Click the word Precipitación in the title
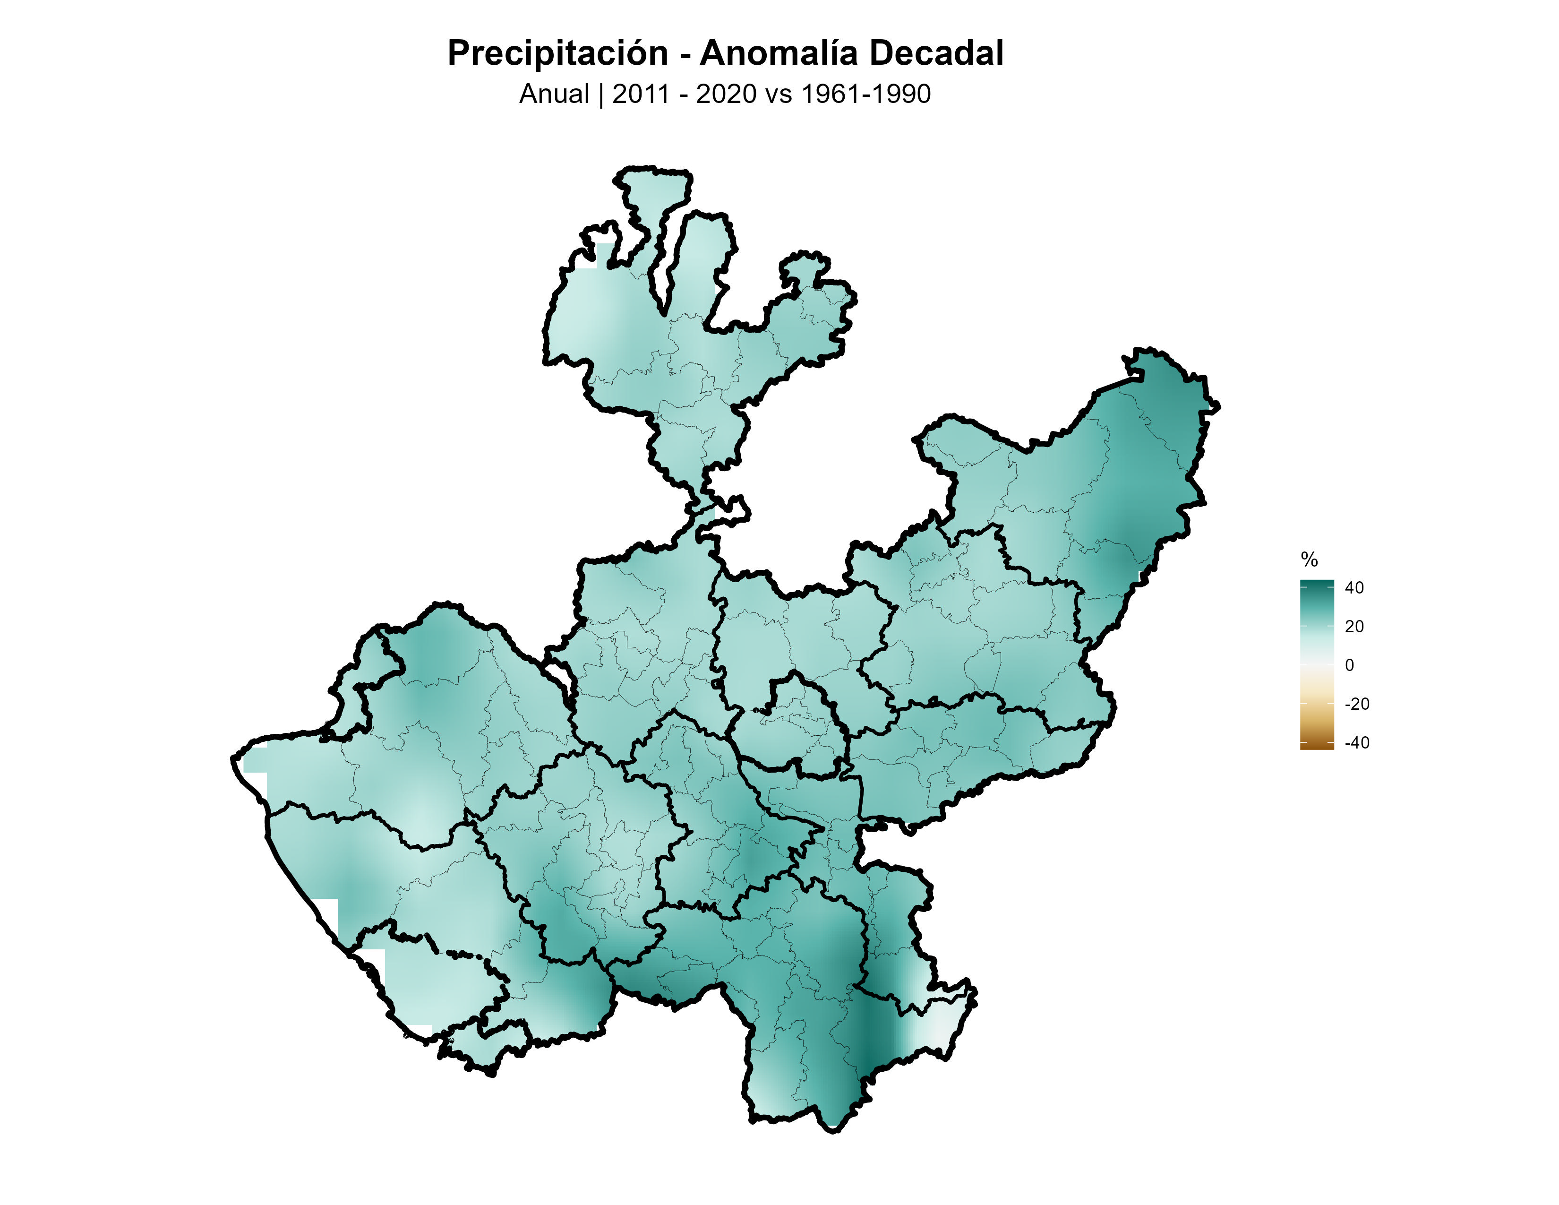click(557, 53)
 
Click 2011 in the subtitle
click(640, 94)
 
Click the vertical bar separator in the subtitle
click(601, 94)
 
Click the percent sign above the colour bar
click(1309, 559)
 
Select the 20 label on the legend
click(1353, 626)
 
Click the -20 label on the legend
click(1356, 704)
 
